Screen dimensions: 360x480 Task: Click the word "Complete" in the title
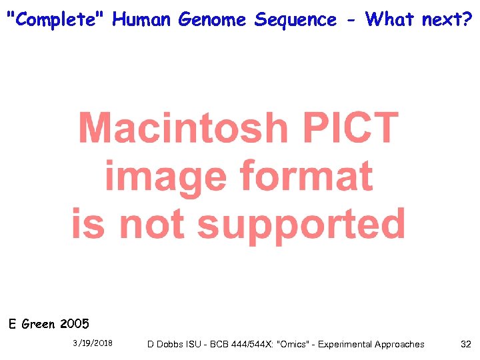click(56, 19)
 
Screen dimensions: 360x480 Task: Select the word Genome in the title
click(213, 20)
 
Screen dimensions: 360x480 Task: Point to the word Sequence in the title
click(295, 20)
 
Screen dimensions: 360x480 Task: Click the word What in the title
click(391, 19)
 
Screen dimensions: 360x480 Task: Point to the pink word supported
click(301, 224)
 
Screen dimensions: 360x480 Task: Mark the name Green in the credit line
click(39, 325)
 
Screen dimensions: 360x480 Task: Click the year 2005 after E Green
click(74, 325)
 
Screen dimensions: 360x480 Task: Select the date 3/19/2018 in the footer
click(93, 343)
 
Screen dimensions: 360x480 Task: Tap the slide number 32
click(465, 344)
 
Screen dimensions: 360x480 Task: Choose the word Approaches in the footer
click(398, 344)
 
